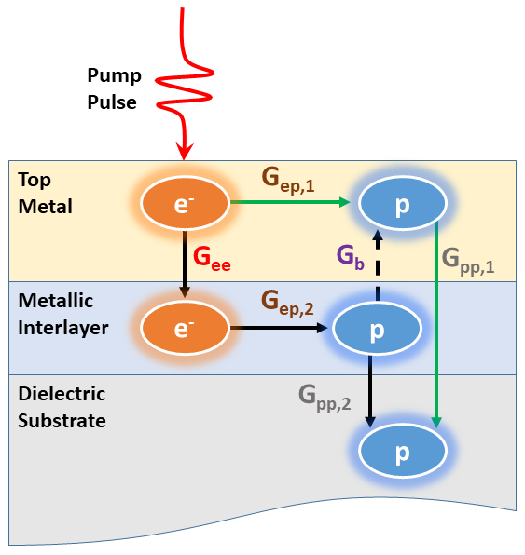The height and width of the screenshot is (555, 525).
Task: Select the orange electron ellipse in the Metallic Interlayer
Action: [x=185, y=328]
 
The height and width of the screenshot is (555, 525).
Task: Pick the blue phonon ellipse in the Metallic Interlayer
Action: [x=377, y=329]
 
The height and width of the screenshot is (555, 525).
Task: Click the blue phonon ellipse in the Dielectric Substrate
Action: [x=403, y=452]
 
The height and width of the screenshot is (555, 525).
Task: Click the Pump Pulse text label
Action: [x=112, y=88]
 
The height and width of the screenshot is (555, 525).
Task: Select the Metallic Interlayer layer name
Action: [x=61, y=316]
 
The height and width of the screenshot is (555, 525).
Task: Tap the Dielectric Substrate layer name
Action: [x=62, y=407]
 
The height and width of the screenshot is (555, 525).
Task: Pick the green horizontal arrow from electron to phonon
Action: [x=290, y=201]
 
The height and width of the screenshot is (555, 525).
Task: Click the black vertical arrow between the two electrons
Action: [x=185, y=263]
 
